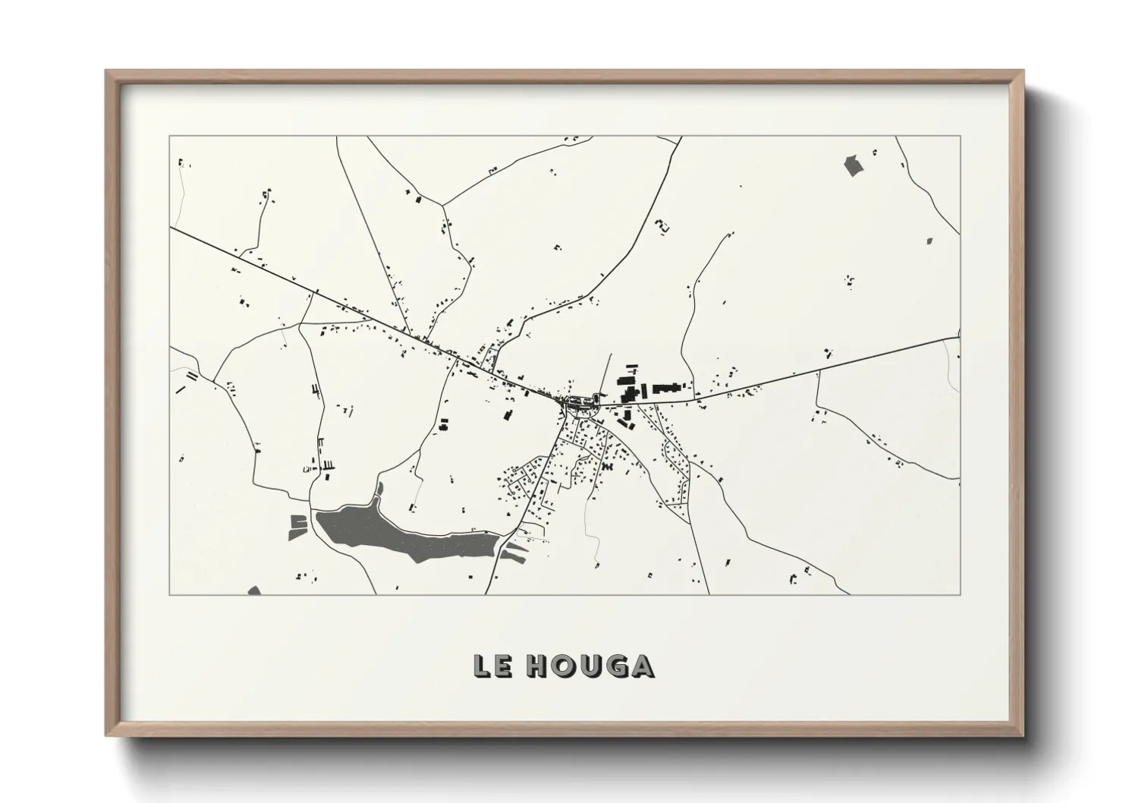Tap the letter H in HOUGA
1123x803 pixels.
pos(539,666)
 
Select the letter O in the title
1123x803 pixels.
pos(568,666)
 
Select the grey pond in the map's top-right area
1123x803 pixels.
pos(853,165)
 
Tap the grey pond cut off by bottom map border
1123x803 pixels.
pos(254,590)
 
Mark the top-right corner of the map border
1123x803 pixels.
pos(960,137)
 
